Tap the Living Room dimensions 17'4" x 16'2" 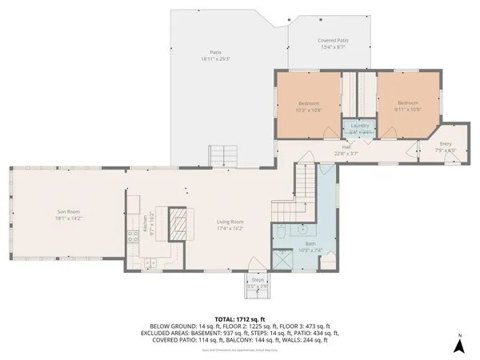tap(230, 228)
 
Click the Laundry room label tap(359, 126)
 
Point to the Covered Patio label tap(332, 40)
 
